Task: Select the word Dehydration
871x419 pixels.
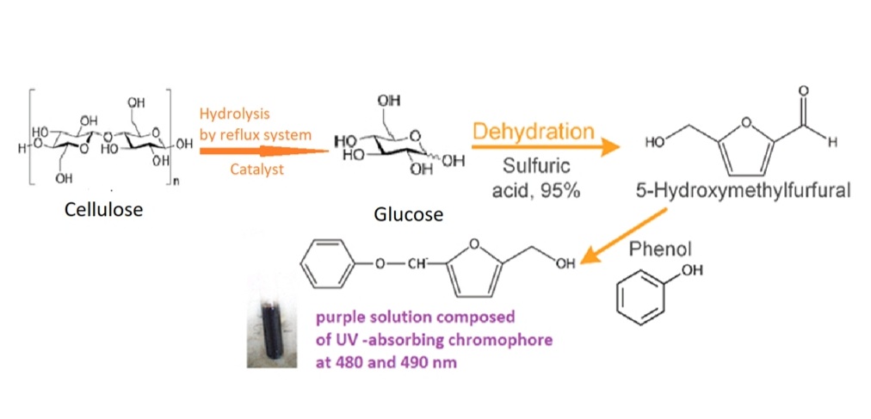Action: (x=534, y=132)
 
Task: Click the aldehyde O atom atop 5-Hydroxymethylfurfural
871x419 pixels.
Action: (x=804, y=90)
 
